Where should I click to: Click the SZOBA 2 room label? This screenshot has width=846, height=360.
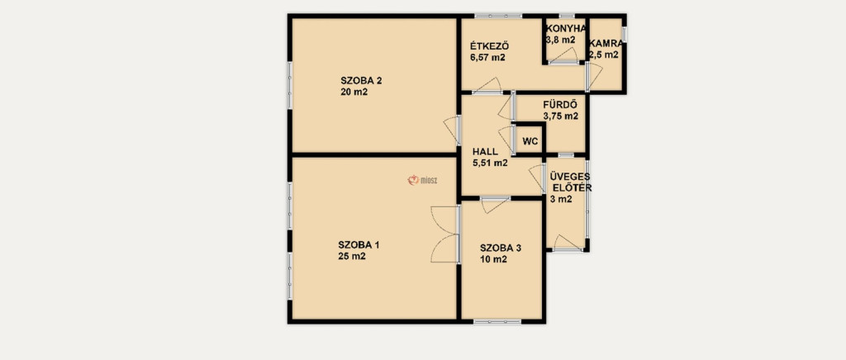pyautogui.click(x=361, y=81)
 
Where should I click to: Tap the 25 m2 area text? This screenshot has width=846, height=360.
pyautogui.click(x=352, y=257)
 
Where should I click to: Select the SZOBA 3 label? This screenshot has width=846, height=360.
pyautogui.click(x=501, y=248)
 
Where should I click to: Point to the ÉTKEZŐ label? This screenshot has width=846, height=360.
pyautogui.click(x=490, y=45)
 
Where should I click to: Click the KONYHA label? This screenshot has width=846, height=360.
pyautogui.click(x=565, y=29)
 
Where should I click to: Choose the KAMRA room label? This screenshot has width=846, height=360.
pyautogui.click(x=606, y=43)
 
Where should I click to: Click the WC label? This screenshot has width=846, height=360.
pyautogui.click(x=530, y=142)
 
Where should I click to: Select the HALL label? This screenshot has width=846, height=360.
pyautogui.click(x=485, y=151)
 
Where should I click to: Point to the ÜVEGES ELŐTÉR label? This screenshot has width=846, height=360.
pyautogui.click(x=570, y=182)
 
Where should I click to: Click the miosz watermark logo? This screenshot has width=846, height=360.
pyautogui.click(x=422, y=180)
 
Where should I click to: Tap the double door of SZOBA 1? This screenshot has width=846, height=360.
pyautogui.click(x=445, y=234)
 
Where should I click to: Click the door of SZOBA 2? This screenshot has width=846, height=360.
pyautogui.click(x=452, y=130)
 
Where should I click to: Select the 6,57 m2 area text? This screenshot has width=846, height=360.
pyautogui.click(x=487, y=58)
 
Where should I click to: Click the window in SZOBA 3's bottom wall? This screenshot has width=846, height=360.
pyautogui.click(x=497, y=322)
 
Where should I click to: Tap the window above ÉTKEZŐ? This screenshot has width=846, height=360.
pyautogui.click(x=498, y=17)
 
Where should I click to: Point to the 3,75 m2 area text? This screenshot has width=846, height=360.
pyautogui.click(x=561, y=116)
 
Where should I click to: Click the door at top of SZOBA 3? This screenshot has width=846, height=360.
pyautogui.click(x=496, y=204)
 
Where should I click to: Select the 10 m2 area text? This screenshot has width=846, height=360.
pyautogui.click(x=494, y=260)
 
